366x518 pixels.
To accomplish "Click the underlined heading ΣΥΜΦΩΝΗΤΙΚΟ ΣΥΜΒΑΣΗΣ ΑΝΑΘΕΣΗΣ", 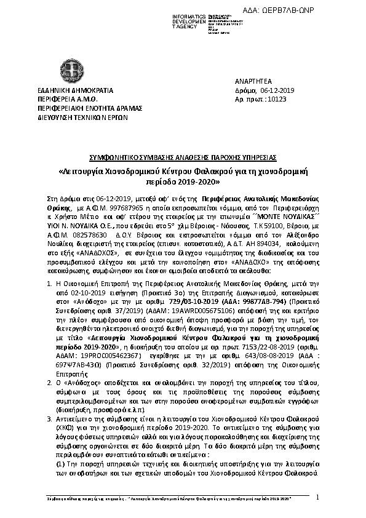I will [x=183, y=149].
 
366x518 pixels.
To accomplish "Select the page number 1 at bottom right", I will [x=317, y=496].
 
